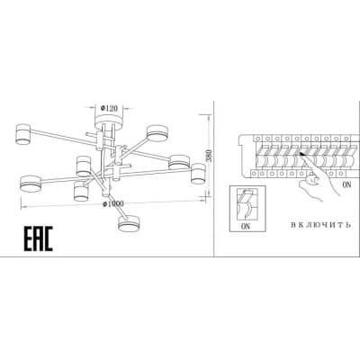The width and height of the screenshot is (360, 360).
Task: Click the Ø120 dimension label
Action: [x=109, y=108]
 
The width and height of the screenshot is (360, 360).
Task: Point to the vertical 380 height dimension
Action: [x=210, y=156]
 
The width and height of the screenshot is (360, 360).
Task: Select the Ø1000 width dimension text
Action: [x=112, y=203]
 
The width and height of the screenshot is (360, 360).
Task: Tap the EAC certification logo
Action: [x=39, y=238]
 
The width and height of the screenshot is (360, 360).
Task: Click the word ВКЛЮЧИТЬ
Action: [x=320, y=225]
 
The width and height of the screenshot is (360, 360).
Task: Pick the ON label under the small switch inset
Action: [x=245, y=227]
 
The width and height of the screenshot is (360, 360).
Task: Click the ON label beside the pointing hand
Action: [x=346, y=184]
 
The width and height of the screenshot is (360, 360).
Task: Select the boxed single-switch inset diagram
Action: [x=247, y=209]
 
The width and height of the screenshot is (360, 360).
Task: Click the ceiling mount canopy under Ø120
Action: [x=109, y=121]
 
